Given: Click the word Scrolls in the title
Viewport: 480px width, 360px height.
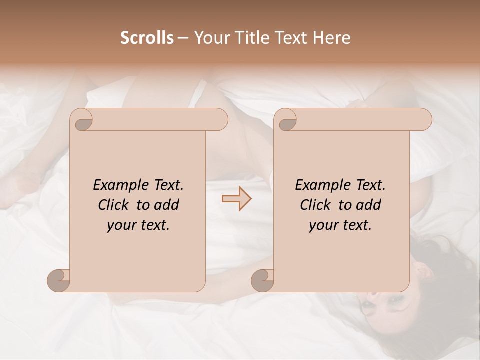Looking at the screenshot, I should (x=147, y=38).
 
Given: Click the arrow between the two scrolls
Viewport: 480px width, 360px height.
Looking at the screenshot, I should (x=236, y=198).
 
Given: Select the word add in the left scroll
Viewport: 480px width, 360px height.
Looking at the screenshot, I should (x=167, y=205).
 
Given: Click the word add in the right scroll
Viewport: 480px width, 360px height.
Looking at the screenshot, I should (x=369, y=205).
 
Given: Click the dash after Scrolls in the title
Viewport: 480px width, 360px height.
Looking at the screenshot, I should (x=183, y=38).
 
